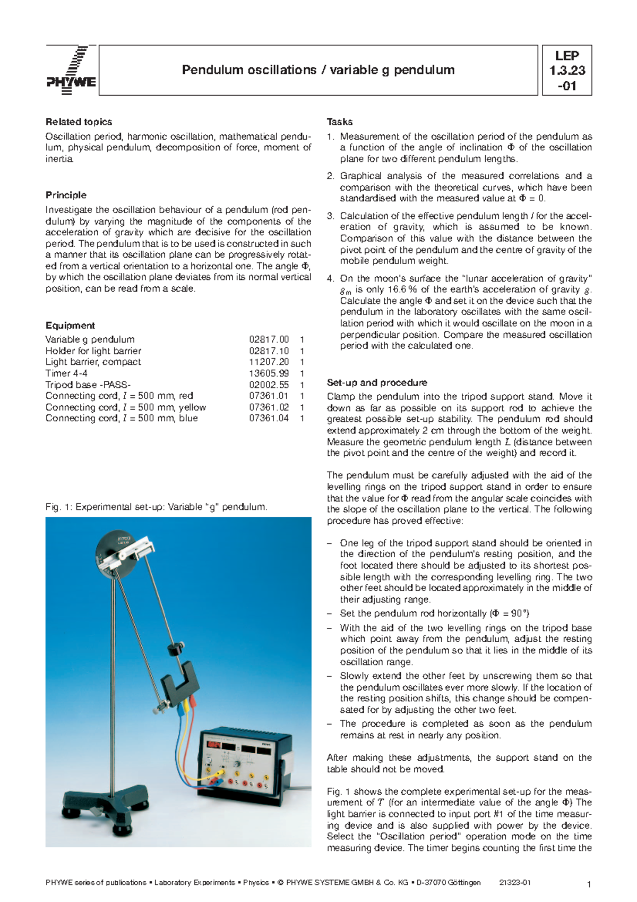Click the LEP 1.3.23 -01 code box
pyautogui.click(x=566, y=71)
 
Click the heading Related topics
pyautogui.click(x=79, y=122)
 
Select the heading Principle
pyautogui.click(x=66, y=195)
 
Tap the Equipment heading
pyautogui.click(x=70, y=326)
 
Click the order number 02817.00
pyautogui.click(x=269, y=339)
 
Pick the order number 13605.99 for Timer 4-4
pyautogui.click(x=269, y=373)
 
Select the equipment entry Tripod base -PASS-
pyautogui.click(x=88, y=385)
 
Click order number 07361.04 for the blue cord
pyautogui.click(x=269, y=419)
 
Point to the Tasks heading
pyautogui.click(x=340, y=122)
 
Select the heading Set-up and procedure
pyautogui.click(x=377, y=382)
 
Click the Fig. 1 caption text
pyautogui.click(x=156, y=507)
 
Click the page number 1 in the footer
pyautogui.click(x=589, y=884)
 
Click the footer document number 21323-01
pyautogui.click(x=515, y=882)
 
